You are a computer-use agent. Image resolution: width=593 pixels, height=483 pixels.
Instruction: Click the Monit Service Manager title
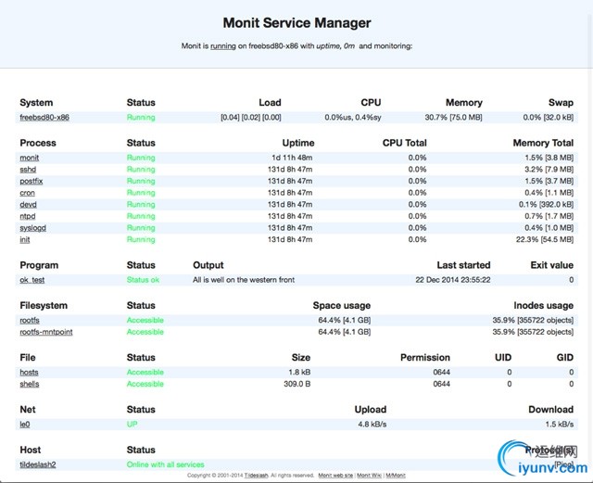click(x=296, y=23)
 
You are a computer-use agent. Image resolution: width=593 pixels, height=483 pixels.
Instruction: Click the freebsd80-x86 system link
click(x=44, y=118)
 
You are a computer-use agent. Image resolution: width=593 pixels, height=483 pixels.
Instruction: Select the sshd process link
click(x=28, y=170)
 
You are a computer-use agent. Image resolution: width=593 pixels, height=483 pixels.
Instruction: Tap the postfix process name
click(x=31, y=182)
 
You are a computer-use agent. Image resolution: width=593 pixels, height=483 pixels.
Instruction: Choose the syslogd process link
click(x=33, y=228)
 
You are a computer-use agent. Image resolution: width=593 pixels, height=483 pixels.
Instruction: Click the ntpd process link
click(x=29, y=216)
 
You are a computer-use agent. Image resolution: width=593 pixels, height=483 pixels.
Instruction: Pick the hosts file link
click(x=30, y=372)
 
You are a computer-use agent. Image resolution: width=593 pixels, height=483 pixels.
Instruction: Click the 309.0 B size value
click(x=296, y=384)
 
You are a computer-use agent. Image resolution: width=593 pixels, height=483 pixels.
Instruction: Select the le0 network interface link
click(x=25, y=424)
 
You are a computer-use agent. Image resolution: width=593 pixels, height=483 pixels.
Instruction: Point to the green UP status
click(x=132, y=424)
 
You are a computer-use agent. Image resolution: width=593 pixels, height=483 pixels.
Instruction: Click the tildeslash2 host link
click(x=38, y=464)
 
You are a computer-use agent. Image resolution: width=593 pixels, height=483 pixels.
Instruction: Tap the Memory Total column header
click(x=543, y=143)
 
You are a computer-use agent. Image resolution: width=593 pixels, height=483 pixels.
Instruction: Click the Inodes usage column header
click(x=543, y=305)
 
